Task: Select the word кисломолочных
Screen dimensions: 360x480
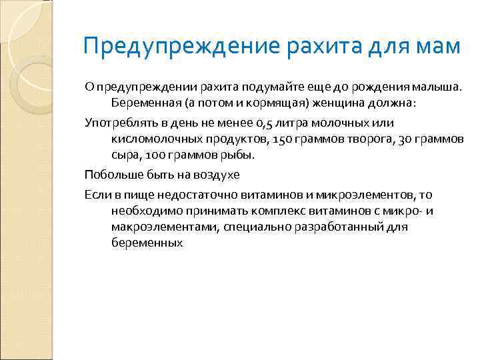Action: (x=154, y=139)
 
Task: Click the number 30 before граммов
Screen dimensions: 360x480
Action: (x=407, y=139)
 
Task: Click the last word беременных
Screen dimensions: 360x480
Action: (x=147, y=243)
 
